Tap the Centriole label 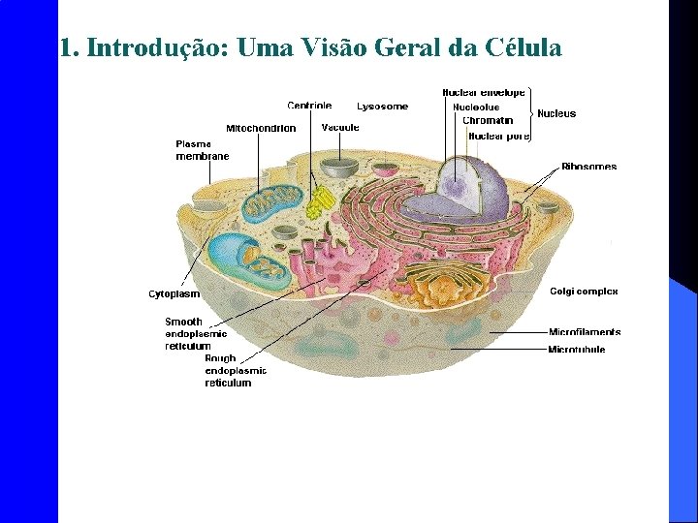309,106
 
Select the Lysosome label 382,107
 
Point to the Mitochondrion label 261,128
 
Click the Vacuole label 340,127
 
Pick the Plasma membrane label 202,149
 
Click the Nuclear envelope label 484,93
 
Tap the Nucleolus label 476,107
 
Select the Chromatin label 488,121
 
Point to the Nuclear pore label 498,136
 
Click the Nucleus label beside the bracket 556,113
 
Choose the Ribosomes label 588,167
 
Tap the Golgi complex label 584,292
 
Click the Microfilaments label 585,332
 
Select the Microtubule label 577,350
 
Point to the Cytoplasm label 174,293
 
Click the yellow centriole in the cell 320,203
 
